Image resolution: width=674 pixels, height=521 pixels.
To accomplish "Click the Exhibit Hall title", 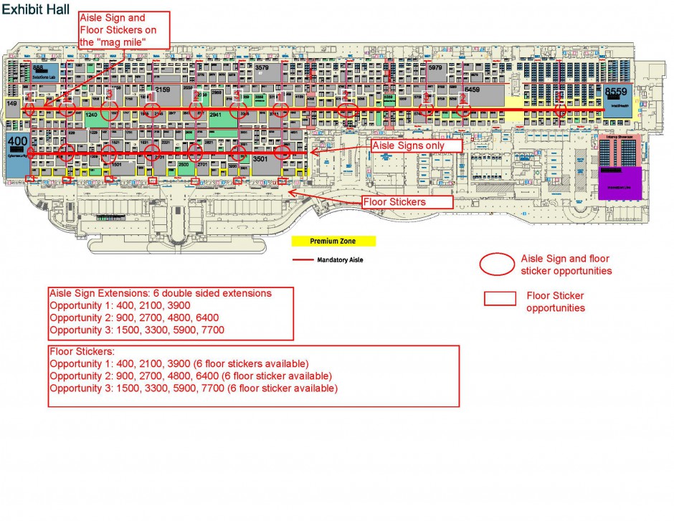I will (35, 9).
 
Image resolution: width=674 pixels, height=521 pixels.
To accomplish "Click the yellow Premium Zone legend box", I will (333, 242).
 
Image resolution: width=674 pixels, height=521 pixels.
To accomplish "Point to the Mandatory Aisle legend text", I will (340, 259).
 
